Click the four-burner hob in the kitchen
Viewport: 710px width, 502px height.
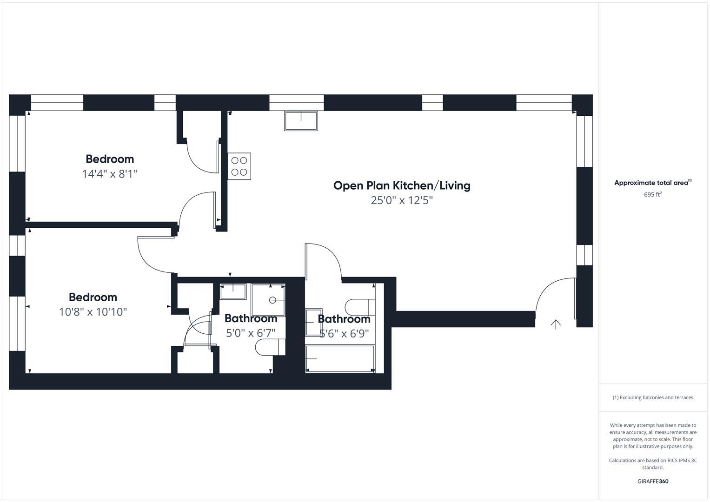pyautogui.click(x=239, y=166)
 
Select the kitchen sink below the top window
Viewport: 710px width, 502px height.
pyautogui.click(x=301, y=121)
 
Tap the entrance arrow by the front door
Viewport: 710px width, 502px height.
pyautogui.click(x=556, y=324)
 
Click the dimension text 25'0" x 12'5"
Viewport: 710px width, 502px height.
pyautogui.click(x=402, y=200)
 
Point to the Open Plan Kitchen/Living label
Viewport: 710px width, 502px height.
pyautogui.click(x=402, y=185)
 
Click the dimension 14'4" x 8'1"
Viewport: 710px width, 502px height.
pyautogui.click(x=110, y=174)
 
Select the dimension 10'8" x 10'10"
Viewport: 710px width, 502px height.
pyautogui.click(x=93, y=312)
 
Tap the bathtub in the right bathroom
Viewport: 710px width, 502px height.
pyautogui.click(x=340, y=358)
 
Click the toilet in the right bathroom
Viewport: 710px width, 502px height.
pyautogui.click(x=360, y=307)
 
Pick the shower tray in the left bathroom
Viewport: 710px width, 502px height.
pyautogui.click(x=268, y=300)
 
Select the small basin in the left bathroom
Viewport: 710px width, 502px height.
pyautogui.click(x=233, y=291)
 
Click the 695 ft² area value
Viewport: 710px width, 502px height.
pyautogui.click(x=653, y=195)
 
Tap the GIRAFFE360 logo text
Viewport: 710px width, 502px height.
pyautogui.click(x=653, y=481)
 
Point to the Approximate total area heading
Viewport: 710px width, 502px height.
pyautogui.click(x=652, y=183)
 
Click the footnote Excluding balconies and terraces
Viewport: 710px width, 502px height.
pyautogui.click(x=653, y=397)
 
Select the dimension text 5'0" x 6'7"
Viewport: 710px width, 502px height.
pyautogui.click(x=251, y=333)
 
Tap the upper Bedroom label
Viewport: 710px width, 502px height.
pyautogui.click(x=110, y=159)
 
